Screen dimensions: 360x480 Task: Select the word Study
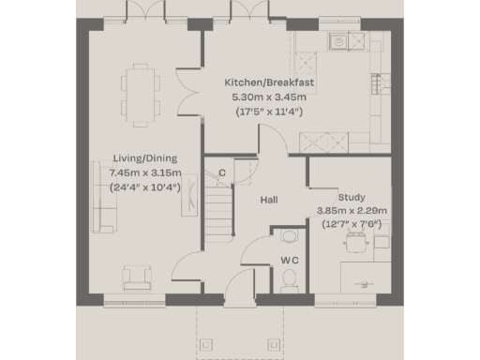[352, 196]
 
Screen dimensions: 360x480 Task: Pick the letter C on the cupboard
[222, 172]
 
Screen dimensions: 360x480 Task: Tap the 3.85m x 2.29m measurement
[352, 210]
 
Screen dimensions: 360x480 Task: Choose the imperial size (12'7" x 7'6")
[352, 225]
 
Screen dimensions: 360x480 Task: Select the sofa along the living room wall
[102, 196]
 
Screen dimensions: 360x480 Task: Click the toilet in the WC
[290, 277]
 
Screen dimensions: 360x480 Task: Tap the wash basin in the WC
[288, 235]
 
